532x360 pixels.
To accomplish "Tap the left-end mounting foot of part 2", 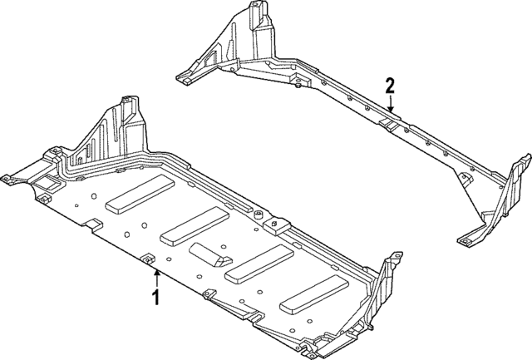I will pyautogui.click(x=188, y=78).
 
